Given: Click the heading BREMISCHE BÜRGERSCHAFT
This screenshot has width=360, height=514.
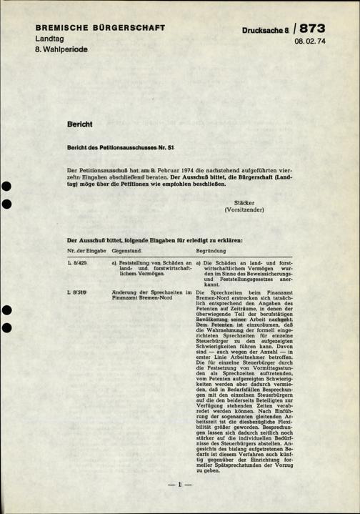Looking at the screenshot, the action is point(100,28).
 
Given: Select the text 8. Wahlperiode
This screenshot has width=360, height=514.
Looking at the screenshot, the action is point(61,51).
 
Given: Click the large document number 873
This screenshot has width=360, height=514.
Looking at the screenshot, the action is point(312,29).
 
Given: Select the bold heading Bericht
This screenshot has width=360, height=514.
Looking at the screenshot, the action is point(80,124).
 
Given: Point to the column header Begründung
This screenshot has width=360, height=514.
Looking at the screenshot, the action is point(211,251).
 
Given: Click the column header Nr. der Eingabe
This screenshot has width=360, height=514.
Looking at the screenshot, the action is point(86,251).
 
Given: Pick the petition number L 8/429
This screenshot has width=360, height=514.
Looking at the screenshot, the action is point(77,264).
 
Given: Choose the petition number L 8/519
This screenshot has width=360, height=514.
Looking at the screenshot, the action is point(77,292).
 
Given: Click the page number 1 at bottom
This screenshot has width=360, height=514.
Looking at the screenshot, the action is point(180,485).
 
